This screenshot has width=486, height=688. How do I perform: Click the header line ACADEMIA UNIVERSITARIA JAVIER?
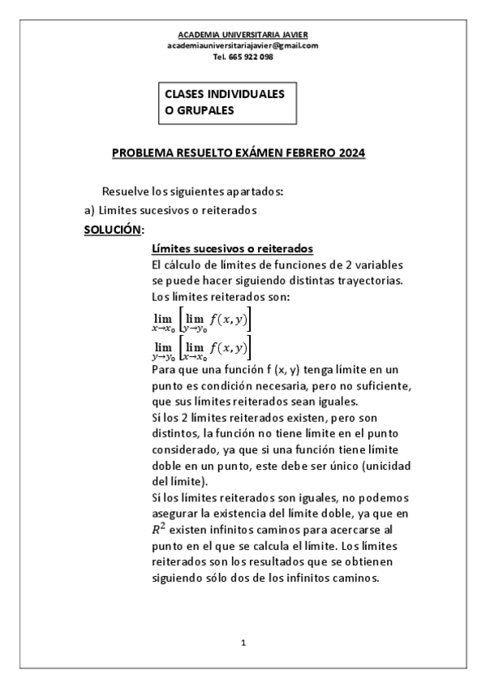point(243,35)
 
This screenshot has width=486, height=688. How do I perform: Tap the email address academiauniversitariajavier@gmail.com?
point(243,45)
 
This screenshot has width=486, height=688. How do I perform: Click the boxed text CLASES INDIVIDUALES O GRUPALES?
point(224,102)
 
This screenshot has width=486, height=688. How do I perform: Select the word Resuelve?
point(124,191)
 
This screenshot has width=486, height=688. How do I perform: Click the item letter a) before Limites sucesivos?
point(90,210)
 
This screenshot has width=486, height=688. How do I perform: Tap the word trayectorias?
point(373,281)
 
